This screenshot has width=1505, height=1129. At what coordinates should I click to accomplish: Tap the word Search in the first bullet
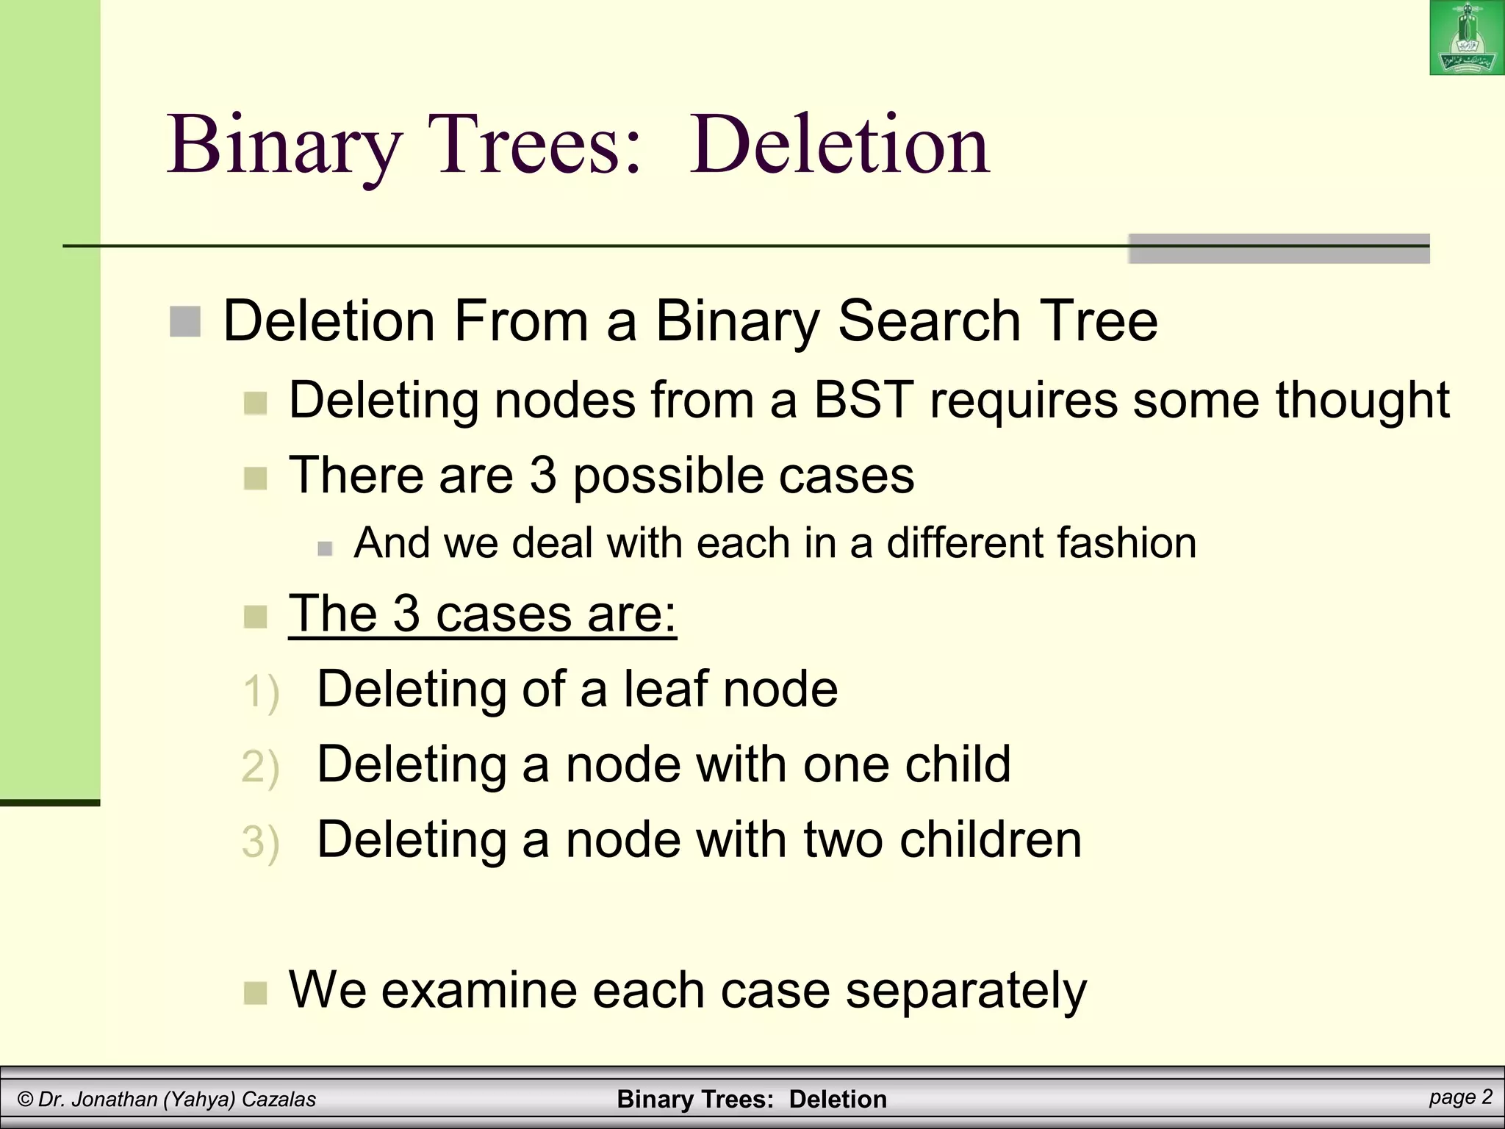(929, 321)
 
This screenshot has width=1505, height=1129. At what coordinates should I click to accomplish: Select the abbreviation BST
(863, 401)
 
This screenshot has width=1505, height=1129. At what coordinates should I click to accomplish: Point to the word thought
(1362, 401)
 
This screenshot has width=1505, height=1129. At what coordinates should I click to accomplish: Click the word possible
(668, 476)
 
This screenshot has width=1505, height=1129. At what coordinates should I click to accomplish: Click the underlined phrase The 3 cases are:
(482, 613)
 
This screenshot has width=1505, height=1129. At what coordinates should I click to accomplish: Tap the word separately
(966, 990)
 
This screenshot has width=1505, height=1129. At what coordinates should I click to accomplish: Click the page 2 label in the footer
(1461, 1097)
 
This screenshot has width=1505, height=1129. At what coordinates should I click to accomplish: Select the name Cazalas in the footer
(279, 1100)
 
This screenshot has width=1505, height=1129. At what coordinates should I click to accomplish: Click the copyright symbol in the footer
(25, 1100)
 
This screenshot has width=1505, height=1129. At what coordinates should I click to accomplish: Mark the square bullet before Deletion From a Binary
(185, 322)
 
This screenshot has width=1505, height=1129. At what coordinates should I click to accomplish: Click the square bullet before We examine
(255, 993)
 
